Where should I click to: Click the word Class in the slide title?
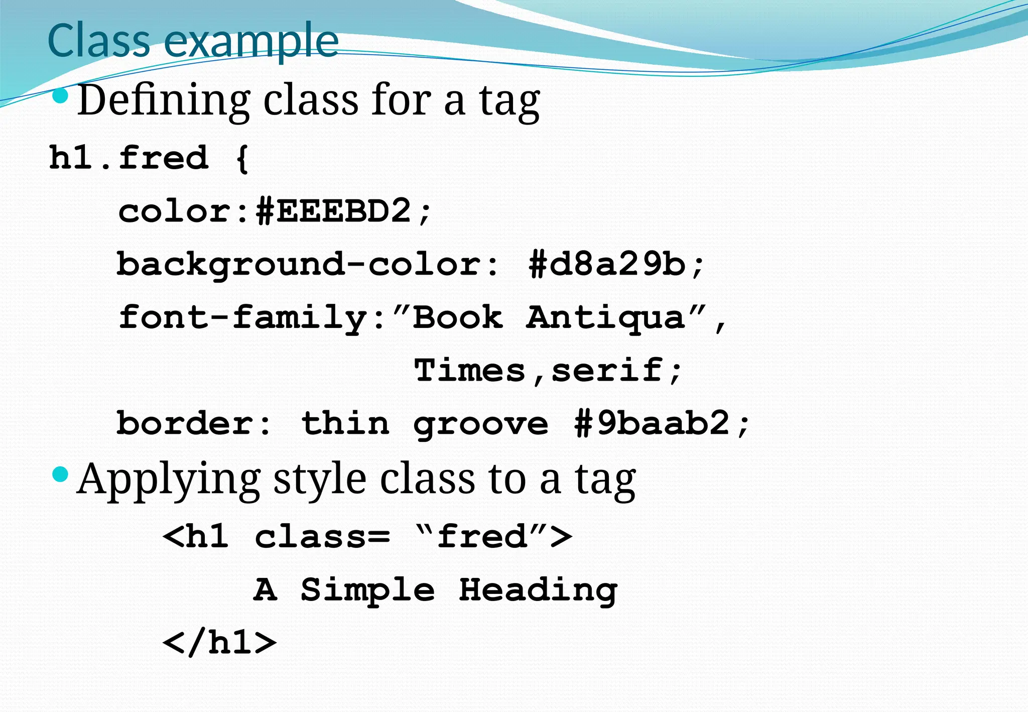(x=98, y=40)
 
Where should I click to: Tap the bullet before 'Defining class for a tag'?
(x=60, y=96)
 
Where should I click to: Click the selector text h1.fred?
(x=128, y=158)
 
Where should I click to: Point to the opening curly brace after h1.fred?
(x=242, y=159)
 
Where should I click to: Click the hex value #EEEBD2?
(x=334, y=211)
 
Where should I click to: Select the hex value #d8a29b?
(x=607, y=264)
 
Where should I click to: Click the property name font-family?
(x=243, y=318)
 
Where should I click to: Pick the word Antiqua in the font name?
(x=605, y=318)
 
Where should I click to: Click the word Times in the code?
(x=469, y=371)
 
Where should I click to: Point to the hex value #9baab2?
(x=652, y=423)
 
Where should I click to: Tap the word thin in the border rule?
(x=345, y=423)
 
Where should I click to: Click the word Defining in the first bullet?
(x=164, y=100)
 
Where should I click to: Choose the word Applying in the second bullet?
(x=169, y=480)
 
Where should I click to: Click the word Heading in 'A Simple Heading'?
(x=538, y=590)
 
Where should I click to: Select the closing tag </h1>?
(x=219, y=643)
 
